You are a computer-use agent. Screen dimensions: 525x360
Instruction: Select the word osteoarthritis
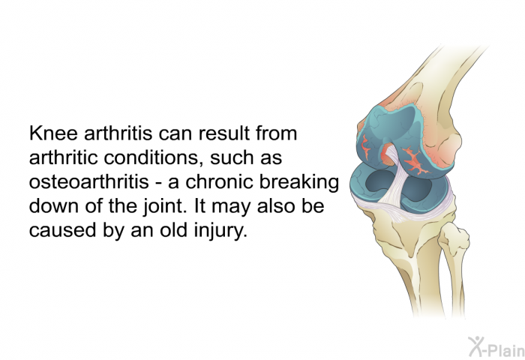coord(89,181)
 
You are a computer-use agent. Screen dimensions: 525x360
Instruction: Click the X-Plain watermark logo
coord(496,347)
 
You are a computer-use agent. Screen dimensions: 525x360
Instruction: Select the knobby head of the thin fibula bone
coord(454,237)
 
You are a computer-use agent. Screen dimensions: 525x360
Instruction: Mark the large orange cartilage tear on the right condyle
coord(416,160)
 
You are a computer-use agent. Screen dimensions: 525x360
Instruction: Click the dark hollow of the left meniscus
coord(378,183)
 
